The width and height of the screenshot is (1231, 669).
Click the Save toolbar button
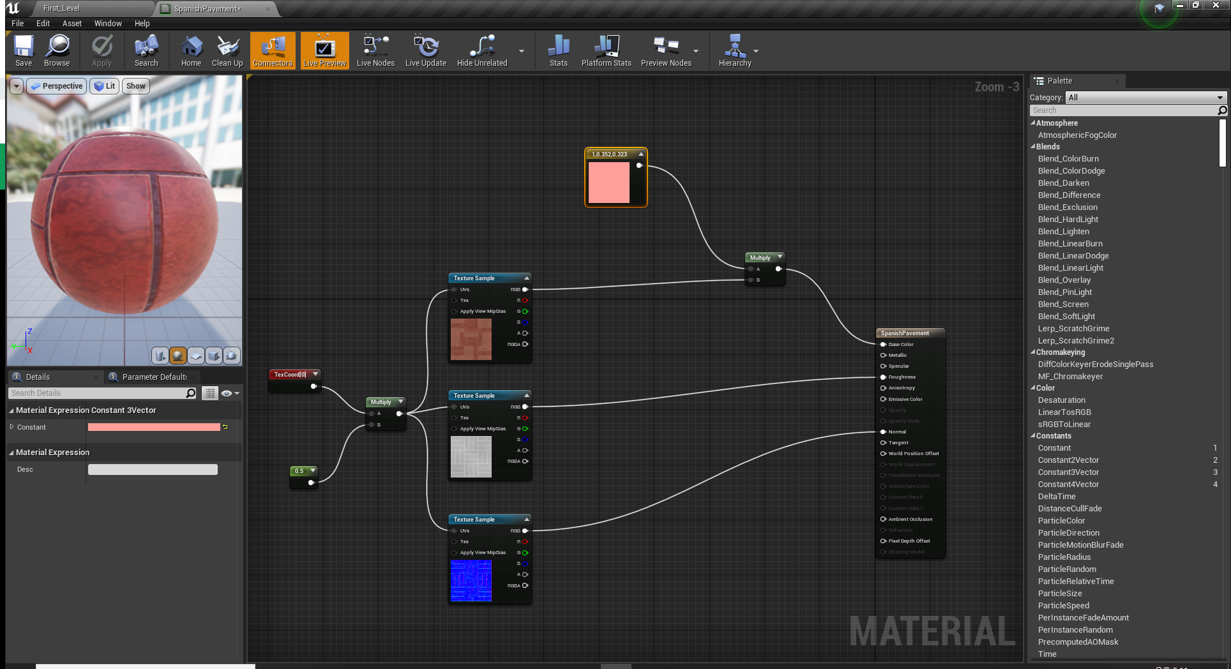(x=24, y=50)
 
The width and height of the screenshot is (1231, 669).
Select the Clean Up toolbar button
(x=227, y=50)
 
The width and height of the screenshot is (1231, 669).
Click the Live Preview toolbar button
(x=324, y=50)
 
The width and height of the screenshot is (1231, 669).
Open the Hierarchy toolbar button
(x=735, y=50)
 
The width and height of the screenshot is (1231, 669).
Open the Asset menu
(x=72, y=24)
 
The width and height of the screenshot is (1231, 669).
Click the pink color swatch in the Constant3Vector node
(x=608, y=183)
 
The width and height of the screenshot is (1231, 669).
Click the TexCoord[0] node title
(x=291, y=375)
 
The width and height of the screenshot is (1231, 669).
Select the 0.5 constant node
(x=299, y=471)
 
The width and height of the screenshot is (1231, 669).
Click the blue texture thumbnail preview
(x=471, y=581)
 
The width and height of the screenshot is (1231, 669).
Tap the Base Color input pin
(x=884, y=344)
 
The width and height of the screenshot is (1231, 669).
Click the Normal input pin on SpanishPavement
(x=884, y=432)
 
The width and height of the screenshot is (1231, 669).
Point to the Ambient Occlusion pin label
(x=910, y=519)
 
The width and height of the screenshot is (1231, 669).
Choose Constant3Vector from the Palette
(x=1069, y=472)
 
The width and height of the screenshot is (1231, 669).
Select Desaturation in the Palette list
(x=1062, y=400)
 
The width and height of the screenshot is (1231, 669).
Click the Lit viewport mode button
(x=105, y=86)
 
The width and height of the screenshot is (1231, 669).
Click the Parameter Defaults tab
(x=154, y=377)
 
